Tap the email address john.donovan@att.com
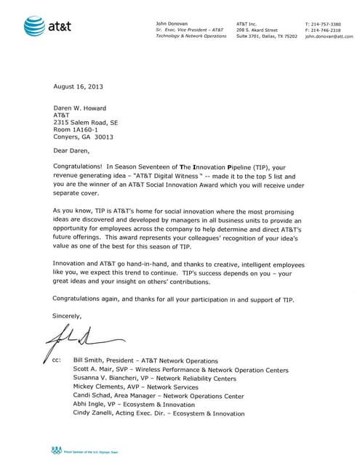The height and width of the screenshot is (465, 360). (329, 36)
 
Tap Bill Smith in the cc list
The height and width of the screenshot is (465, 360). (89, 361)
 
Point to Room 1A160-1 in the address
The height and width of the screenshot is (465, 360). (78, 129)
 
